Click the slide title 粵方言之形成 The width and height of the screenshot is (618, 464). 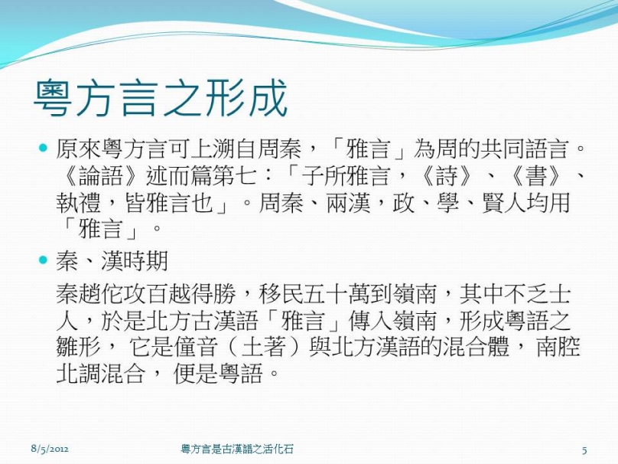tap(161, 98)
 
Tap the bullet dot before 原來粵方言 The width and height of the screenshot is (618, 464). tap(44, 149)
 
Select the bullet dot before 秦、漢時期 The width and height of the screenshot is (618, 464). tap(44, 260)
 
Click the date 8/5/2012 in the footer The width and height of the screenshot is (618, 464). tap(50, 449)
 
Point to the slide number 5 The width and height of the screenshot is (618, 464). tap(584, 449)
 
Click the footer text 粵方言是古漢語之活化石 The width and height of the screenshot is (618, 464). tap(237, 449)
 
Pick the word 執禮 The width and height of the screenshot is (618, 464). tap(79, 203)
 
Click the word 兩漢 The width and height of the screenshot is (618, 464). tap(349, 203)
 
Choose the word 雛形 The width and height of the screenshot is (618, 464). tap(79, 347)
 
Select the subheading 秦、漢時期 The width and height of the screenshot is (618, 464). tap(112, 261)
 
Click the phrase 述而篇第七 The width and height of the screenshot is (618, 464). tap(202, 176)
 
